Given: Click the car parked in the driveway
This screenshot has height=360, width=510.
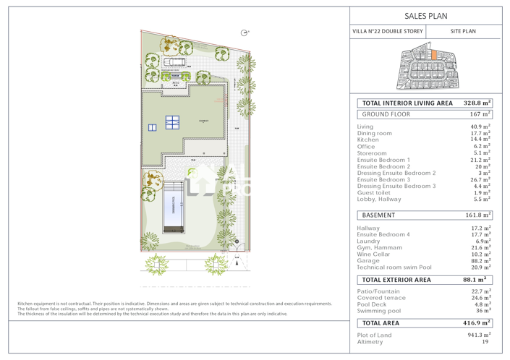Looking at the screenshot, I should [174, 62].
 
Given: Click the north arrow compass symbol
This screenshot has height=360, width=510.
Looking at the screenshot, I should [245, 32].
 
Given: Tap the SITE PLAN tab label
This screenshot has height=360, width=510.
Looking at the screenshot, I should [463, 32].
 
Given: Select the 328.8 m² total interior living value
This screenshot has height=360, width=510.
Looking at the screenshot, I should [477, 103].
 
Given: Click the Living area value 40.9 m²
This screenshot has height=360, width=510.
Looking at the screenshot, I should [480, 127].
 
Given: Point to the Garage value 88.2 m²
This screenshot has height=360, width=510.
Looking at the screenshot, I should [480, 261].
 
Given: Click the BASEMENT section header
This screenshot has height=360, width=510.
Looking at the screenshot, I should [378, 215].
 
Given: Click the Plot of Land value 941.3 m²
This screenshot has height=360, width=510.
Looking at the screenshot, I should [479, 335].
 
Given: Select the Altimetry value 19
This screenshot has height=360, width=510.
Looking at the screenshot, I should [485, 342].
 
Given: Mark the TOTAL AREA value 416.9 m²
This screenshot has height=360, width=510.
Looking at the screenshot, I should [477, 323].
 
